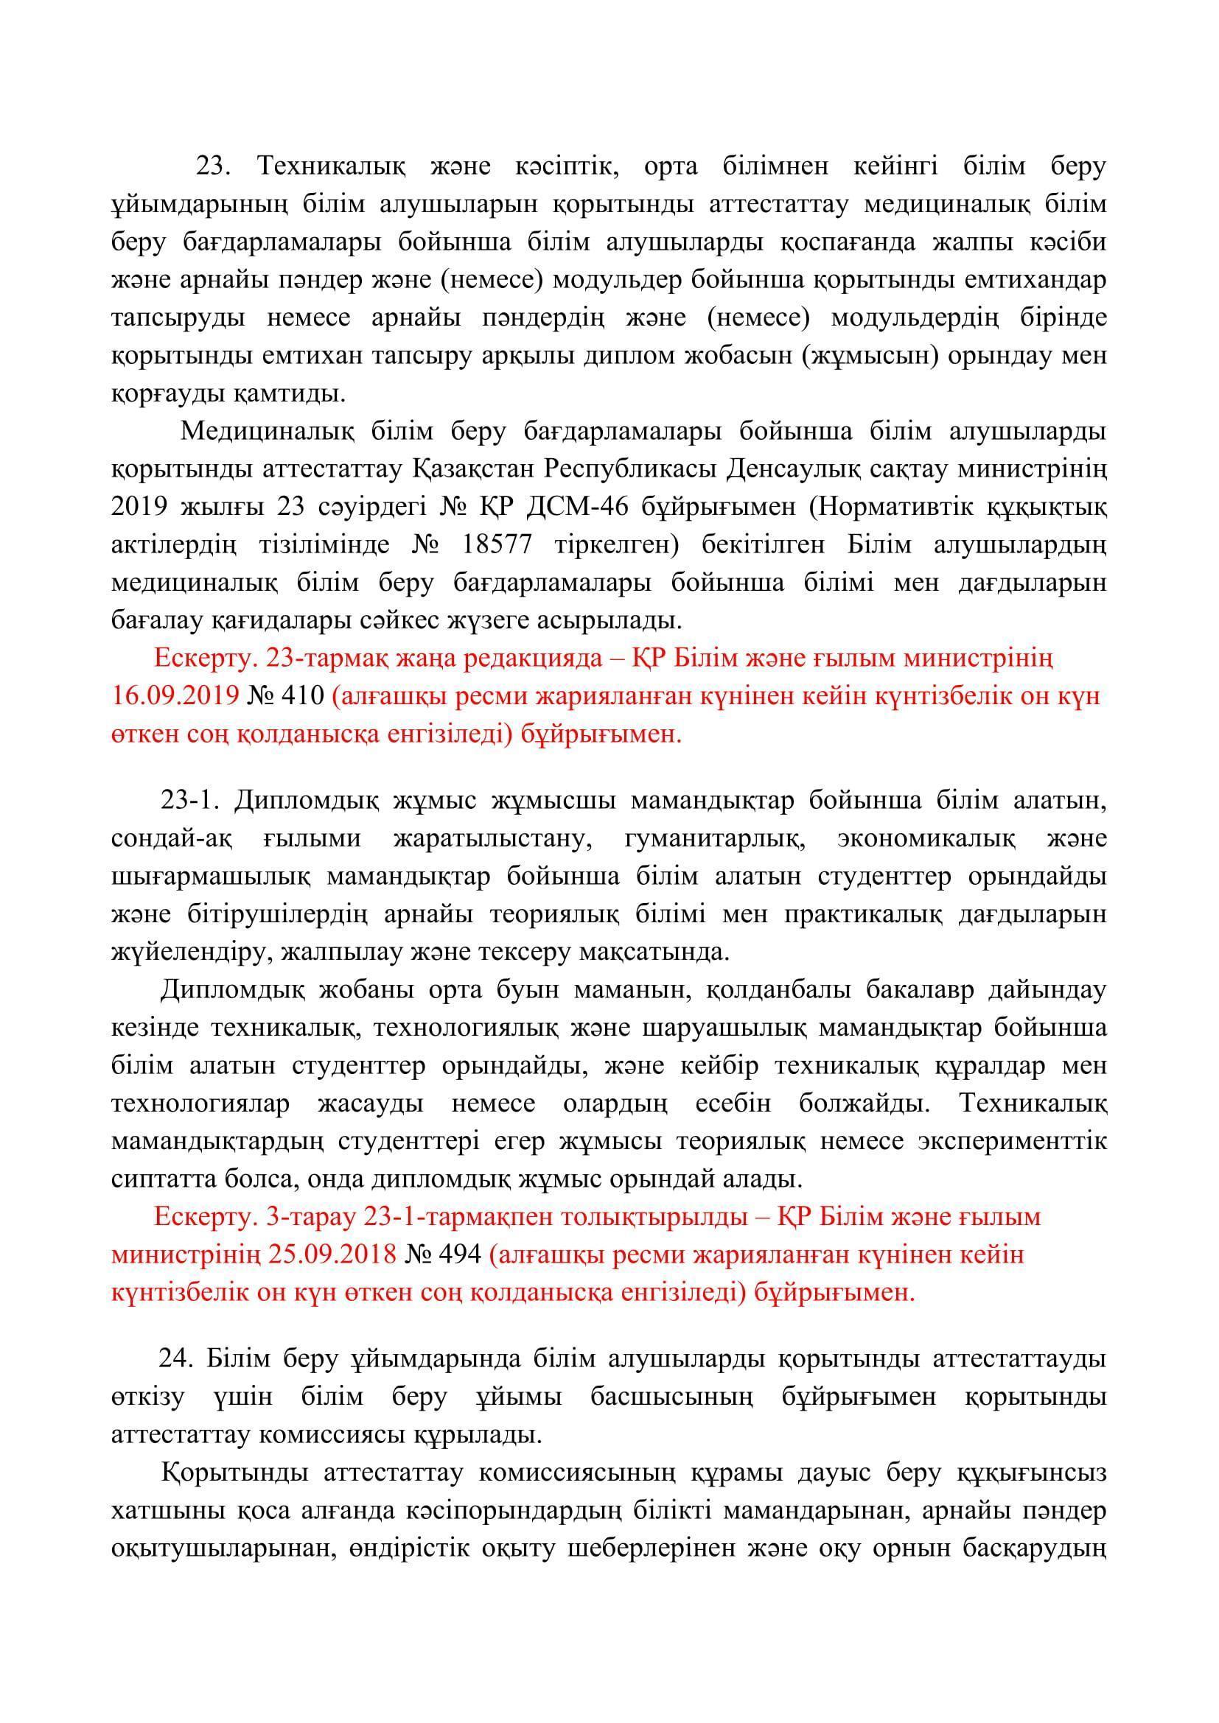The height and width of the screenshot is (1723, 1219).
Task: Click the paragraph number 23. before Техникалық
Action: click(216, 166)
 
